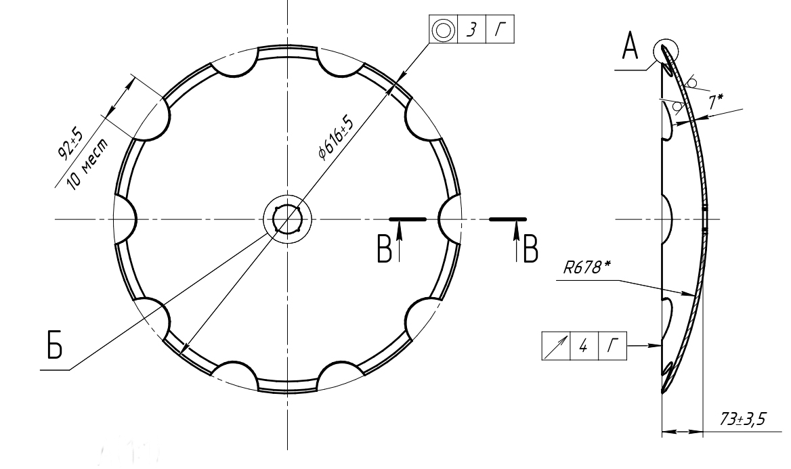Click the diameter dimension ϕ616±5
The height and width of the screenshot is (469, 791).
click(336, 137)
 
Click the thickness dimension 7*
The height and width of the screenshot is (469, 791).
click(715, 102)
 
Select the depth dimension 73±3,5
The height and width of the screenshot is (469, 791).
click(742, 418)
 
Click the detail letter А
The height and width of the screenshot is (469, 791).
click(630, 46)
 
